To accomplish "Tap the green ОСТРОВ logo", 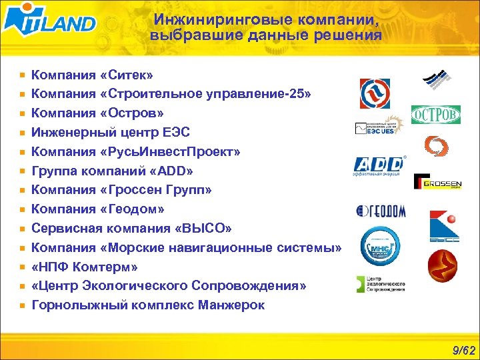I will point(435,115).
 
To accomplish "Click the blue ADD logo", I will point(379,165).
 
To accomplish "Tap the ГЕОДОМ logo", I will point(381,211).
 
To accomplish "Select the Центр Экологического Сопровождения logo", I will point(381,283).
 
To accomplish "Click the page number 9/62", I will point(463,349).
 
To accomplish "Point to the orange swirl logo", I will point(437,146).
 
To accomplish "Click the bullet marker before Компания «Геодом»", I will point(23,209).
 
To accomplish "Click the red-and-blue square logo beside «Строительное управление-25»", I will point(375,93).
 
